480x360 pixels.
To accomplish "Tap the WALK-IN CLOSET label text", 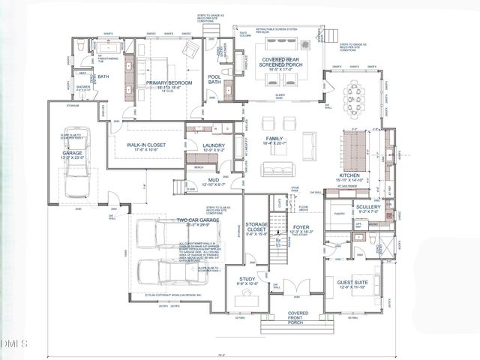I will click(x=145, y=145).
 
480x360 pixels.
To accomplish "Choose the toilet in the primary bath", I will click(x=82, y=48).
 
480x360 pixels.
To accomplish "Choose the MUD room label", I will click(x=214, y=181).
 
